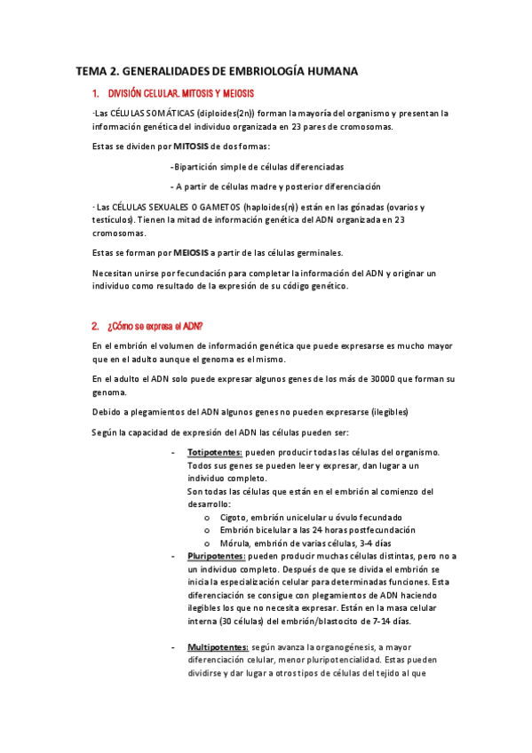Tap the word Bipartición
pyautogui.click(x=198, y=166)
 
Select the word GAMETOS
pyautogui.click(x=215, y=206)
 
